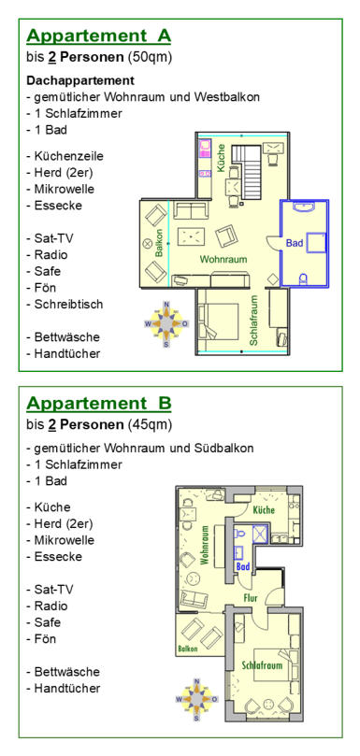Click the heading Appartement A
point(98,36)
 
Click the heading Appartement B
point(98,404)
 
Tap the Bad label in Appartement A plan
point(295,243)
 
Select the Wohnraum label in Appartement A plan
point(223,260)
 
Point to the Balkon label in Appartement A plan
point(159,243)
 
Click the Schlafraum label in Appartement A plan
point(253,321)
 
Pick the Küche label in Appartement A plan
point(221,159)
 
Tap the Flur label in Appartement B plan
point(251,598)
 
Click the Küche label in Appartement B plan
point(264,509)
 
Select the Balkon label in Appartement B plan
point(187,649)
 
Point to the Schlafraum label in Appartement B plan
point(262,665)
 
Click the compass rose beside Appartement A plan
point(166,323)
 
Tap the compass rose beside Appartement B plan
point(196,699)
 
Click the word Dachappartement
point(80,80)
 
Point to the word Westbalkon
point(227,97)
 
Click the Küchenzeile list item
point(65,157)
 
